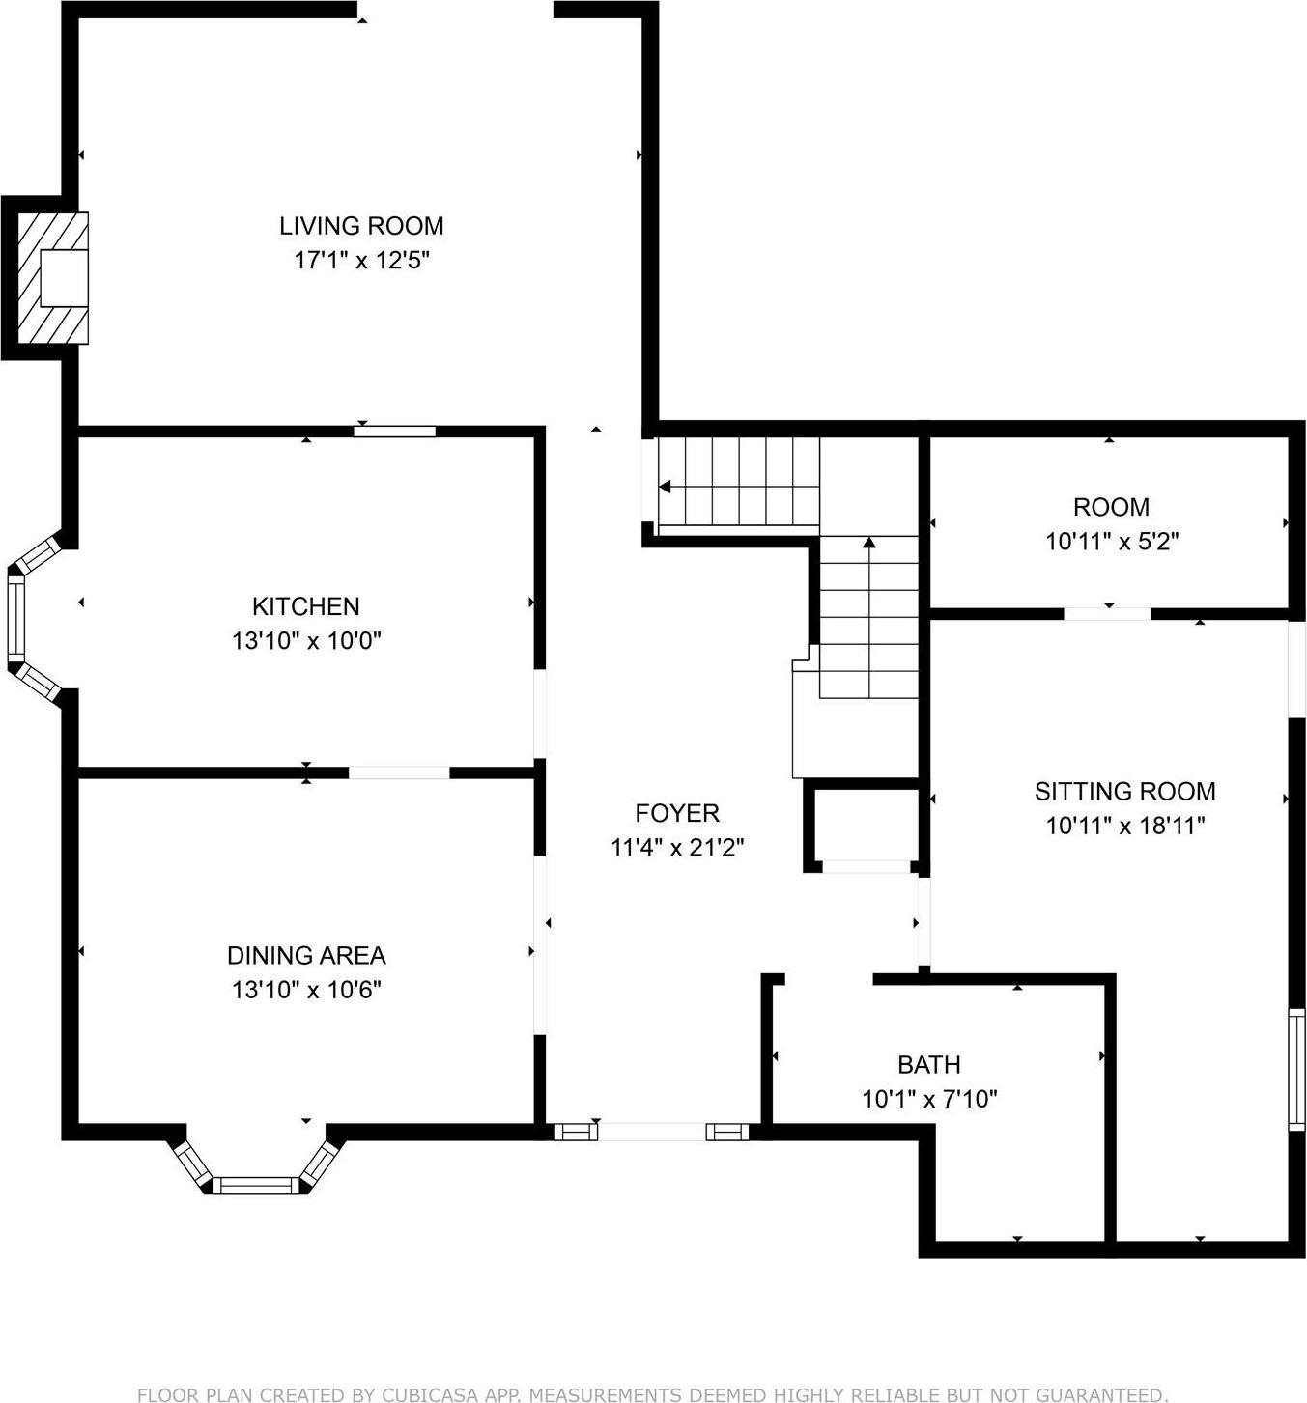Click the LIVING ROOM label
point(361,226)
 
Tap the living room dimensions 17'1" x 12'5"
point(361,260)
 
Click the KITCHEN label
point(305,606)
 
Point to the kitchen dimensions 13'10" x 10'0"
point(306,640)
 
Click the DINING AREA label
point(306,955)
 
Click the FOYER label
point(677,813)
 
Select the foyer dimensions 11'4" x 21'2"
point(677,848)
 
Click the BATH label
point(928,1064)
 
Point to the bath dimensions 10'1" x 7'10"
point(928,1099)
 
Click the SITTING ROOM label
point(1124,792)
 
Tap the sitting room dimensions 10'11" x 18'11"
point(1124,826)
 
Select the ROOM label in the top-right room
point(1111,507)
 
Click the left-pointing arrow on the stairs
point(667,487)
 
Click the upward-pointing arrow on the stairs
point(868,545)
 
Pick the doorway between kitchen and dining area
point(399,772)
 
